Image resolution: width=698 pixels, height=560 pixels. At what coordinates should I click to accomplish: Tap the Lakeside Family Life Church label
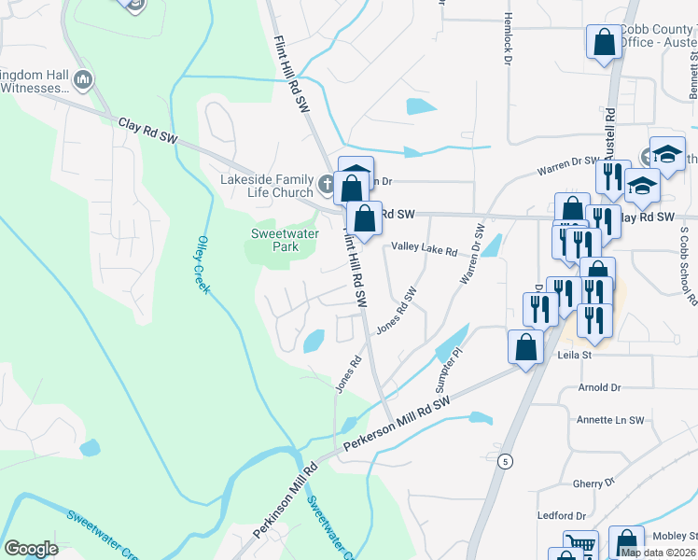point(266,186)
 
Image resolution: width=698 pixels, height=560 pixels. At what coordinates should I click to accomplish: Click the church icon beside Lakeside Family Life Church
point(327,184)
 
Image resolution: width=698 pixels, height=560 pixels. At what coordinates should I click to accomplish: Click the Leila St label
point(575,355)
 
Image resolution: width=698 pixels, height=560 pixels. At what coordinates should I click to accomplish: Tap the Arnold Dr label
point(599,387)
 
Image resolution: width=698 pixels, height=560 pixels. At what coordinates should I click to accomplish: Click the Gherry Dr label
point(594,483)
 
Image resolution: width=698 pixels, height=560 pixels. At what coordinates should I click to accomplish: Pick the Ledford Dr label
point(561,515)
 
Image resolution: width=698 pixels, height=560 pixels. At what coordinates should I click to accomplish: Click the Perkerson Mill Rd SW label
point(397,423)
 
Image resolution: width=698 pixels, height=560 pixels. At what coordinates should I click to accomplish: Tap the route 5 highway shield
point(505,461)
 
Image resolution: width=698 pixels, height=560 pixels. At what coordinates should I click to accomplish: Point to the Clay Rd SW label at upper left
point(147,130)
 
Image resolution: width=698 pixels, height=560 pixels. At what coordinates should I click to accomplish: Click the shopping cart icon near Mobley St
point(580,544)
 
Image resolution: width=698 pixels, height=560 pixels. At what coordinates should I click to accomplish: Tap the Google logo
point(31,549)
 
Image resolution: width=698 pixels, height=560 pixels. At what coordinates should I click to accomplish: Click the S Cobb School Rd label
point(688,265)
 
